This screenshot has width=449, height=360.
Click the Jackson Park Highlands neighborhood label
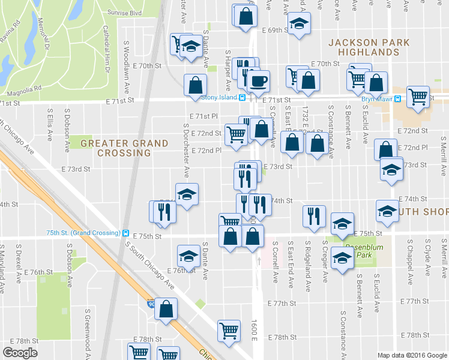pos(369,47)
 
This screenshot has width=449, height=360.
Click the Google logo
pos(20,353)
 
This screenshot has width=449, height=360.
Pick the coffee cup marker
pos(258,80)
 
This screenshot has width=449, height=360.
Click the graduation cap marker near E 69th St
pos(298,24)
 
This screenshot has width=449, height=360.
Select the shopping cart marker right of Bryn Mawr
pos(418,96)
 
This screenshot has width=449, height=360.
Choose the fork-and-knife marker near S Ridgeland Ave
pos(313,216)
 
